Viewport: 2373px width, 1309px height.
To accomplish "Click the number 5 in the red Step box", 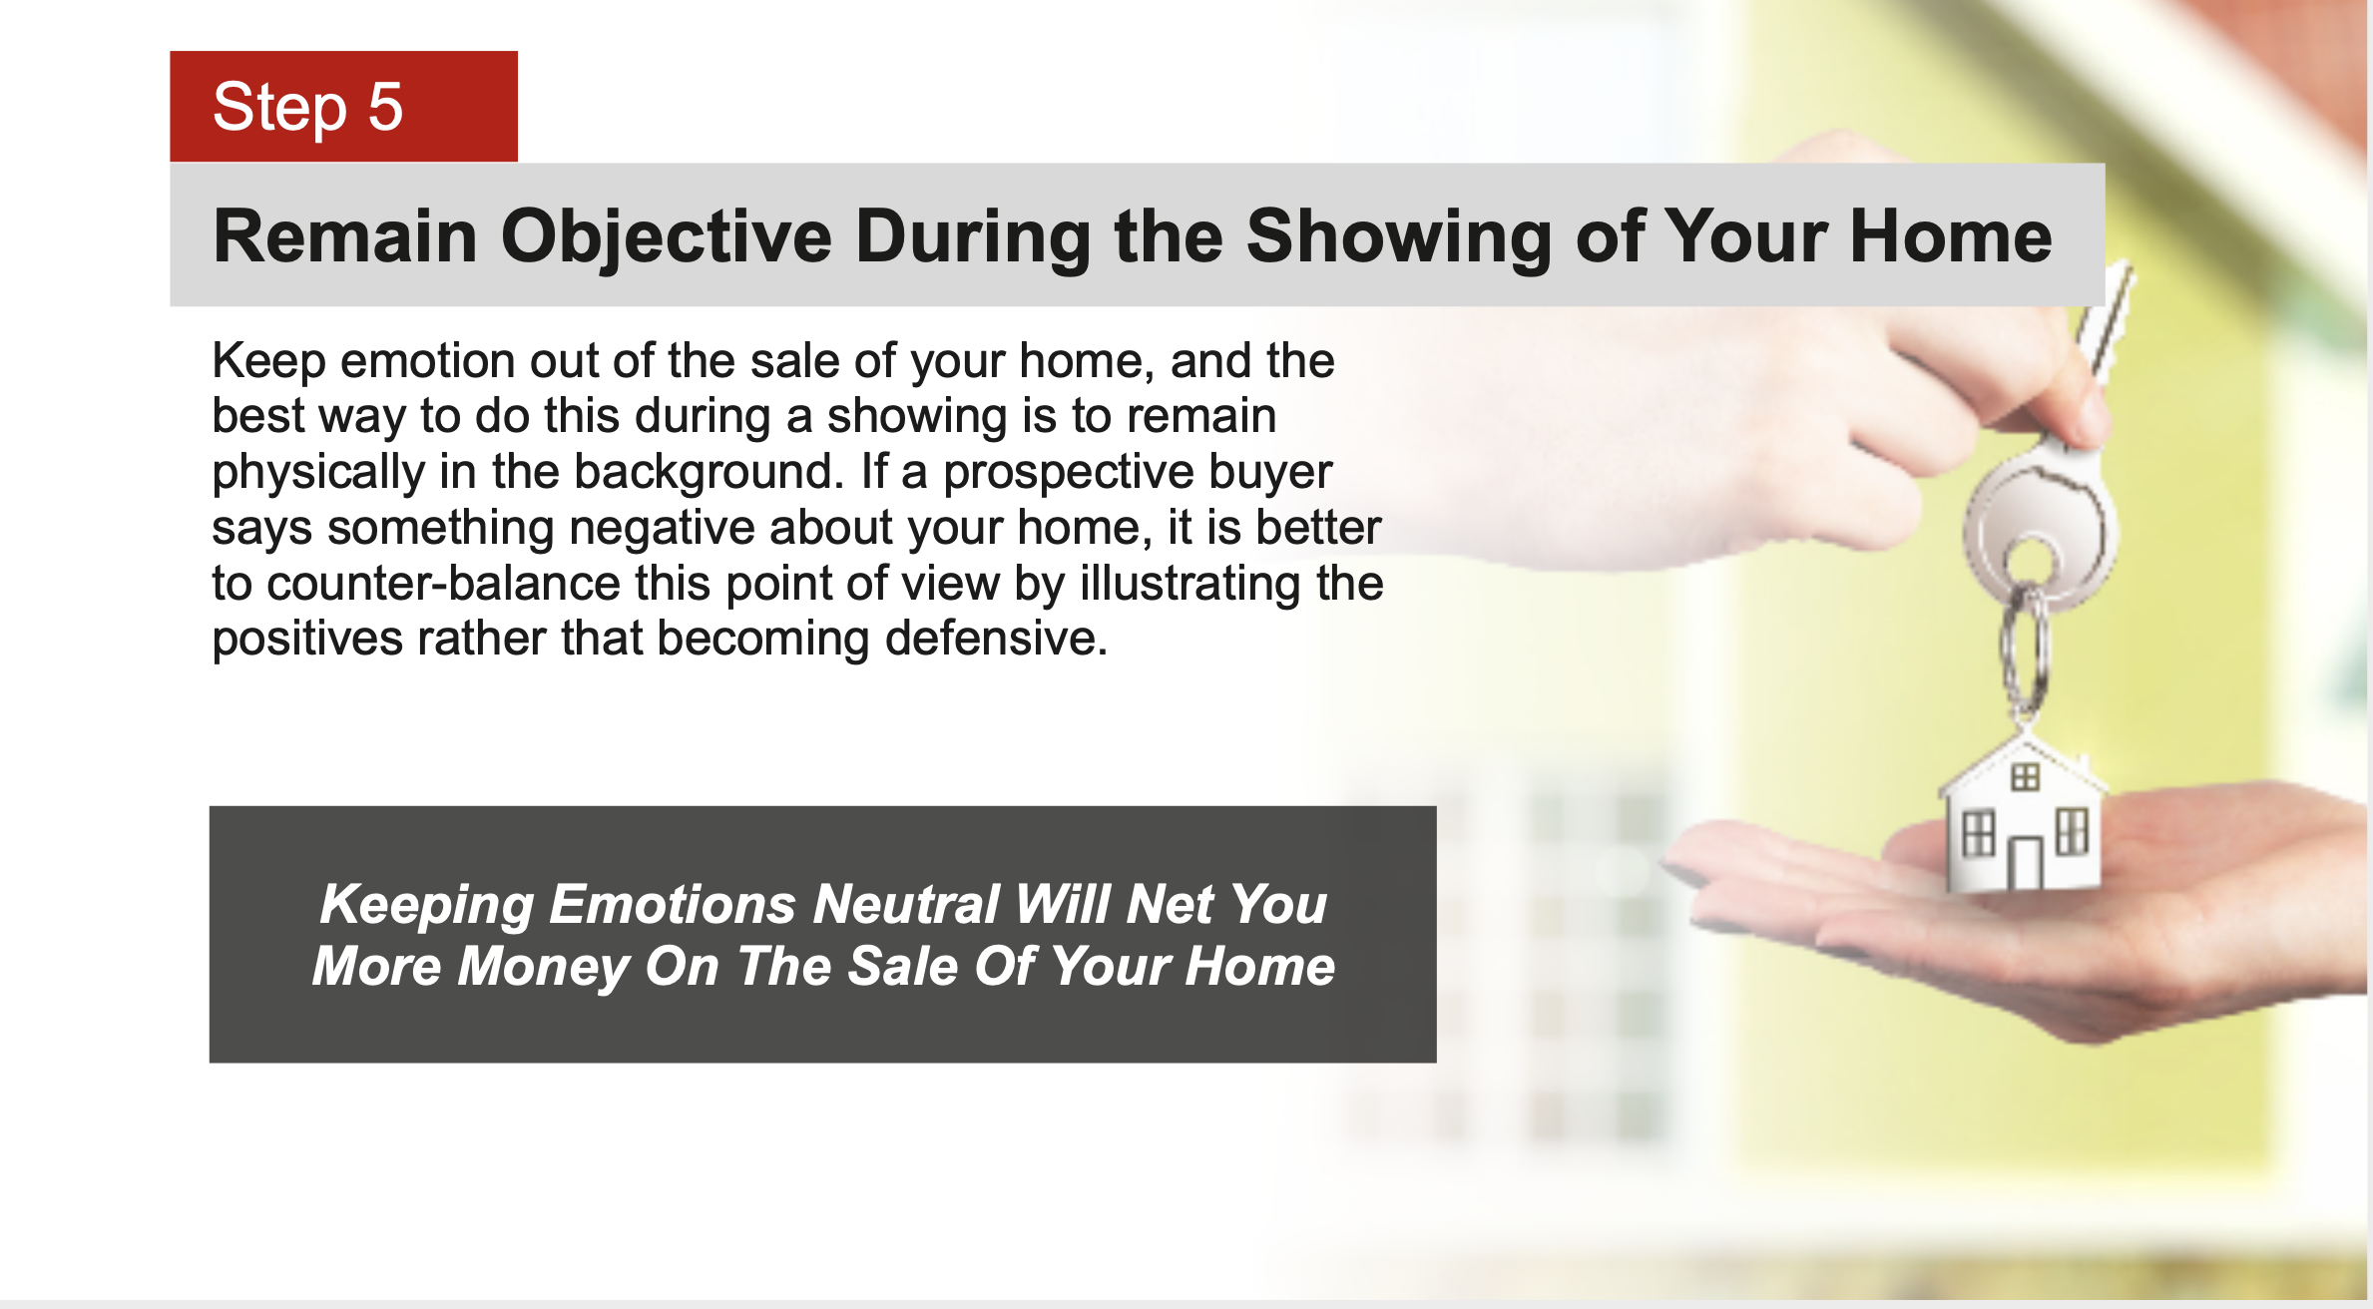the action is click(x=385, y=107).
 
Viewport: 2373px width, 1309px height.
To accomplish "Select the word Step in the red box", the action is click(x=279, y=109).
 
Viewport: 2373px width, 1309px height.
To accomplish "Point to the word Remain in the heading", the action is click(x=345, y=236).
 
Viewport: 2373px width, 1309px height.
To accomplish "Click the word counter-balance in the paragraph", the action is click(x=443, y=584).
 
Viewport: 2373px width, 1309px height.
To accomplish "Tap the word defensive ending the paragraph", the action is click(x=996, y=639).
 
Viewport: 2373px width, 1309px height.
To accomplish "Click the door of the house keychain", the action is click(x=2025, y=864).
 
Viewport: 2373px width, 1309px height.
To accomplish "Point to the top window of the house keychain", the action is click(x=2025, y=776).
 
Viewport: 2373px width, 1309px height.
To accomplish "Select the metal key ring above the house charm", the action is click(x=2025, y=649).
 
